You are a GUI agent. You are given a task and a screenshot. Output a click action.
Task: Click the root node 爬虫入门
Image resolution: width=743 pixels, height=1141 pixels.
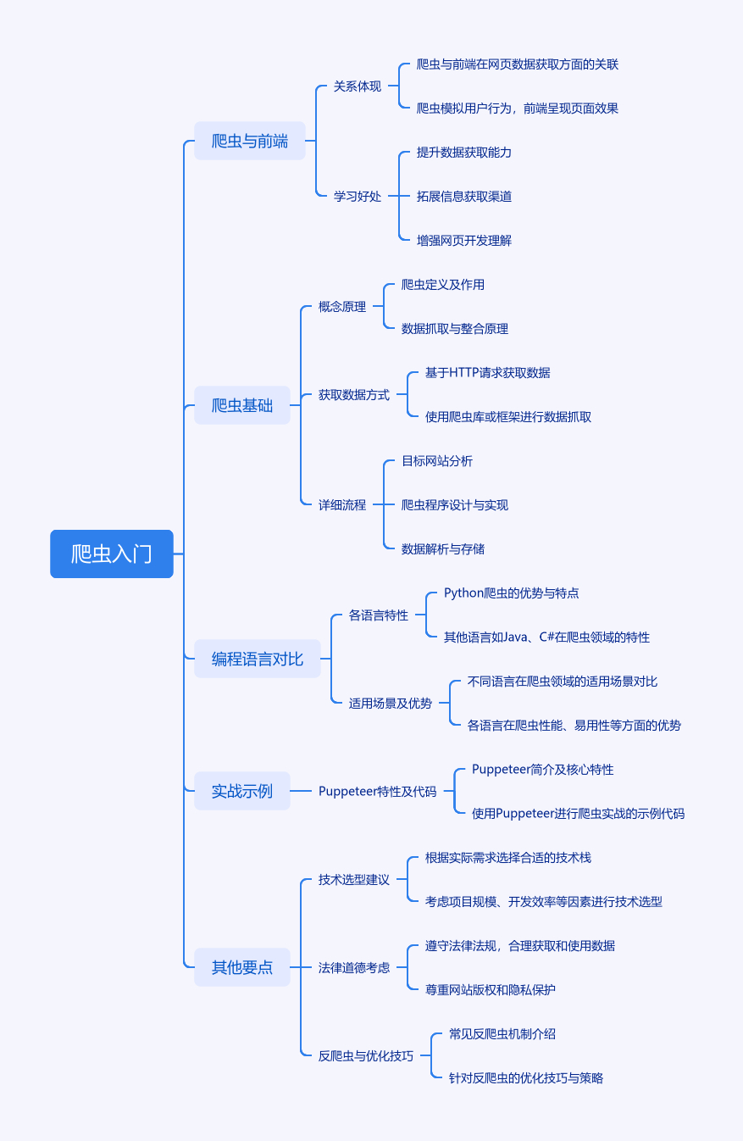point(112,554)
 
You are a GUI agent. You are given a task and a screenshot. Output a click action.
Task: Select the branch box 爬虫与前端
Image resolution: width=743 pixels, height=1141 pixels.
point(250,141)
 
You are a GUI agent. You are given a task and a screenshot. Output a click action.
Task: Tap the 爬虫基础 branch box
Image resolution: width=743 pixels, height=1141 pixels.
point(242,405)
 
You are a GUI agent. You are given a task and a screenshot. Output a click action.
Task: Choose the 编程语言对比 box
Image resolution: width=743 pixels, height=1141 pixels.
point(258,659)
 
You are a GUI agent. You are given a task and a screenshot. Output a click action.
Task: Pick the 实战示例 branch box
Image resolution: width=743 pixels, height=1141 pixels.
point(242,791)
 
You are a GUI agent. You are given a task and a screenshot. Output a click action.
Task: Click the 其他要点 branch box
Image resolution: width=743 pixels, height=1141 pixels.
point(242,967)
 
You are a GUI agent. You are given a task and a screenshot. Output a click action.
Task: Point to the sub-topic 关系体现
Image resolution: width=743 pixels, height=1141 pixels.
point(358,86)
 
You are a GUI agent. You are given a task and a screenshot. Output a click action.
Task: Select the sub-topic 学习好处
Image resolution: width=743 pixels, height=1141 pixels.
point(358,196)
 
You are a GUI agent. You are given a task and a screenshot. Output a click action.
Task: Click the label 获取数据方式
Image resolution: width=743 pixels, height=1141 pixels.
point(354,394)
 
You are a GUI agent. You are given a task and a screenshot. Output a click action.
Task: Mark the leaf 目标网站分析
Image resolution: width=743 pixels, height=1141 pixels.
point(437,460)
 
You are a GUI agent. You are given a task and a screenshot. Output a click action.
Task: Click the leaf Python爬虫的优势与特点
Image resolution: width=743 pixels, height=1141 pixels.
point(512,593)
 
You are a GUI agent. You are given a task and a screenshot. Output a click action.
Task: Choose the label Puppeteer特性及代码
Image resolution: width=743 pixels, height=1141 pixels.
point(378,791)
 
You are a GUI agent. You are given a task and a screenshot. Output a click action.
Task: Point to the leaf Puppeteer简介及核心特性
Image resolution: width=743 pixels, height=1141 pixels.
point(543,769)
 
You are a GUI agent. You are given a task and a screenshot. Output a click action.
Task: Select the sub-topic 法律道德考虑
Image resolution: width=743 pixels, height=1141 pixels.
point(354,967)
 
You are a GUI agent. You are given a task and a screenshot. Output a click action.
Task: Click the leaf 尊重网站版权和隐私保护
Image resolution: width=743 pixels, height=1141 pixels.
point(491,989)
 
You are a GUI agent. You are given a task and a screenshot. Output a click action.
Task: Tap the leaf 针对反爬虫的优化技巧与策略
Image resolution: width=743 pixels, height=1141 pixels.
point(526,1077)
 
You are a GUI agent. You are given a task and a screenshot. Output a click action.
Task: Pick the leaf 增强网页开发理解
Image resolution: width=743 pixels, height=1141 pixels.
point(464,240)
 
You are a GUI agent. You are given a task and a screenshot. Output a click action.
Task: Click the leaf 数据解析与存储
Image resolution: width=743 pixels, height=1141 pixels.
point(443,548)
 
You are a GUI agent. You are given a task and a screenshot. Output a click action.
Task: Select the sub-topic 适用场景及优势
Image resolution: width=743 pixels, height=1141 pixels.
point(391,703)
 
